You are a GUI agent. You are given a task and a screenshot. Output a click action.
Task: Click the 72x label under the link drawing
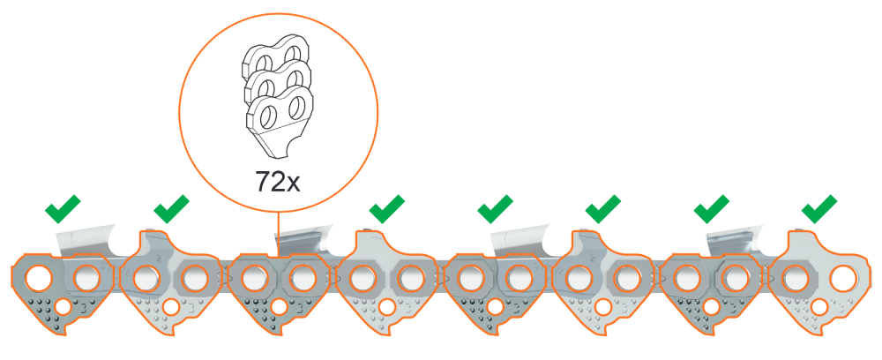(277, 181)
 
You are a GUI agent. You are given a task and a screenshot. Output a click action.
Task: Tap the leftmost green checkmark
(63, 209)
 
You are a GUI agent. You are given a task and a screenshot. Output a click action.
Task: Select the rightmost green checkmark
(819, 209)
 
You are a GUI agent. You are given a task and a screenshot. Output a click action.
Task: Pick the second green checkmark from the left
(171, 209)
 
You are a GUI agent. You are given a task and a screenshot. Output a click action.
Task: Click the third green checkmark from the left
(387, 209)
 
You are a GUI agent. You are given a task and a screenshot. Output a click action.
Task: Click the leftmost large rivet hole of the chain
(36, 278)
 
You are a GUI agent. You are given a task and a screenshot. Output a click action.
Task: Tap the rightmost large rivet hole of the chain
(844, 278)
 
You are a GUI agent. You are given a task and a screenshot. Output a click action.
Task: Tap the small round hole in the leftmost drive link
(64, 307)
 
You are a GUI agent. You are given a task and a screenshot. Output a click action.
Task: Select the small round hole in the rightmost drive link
(819, 307)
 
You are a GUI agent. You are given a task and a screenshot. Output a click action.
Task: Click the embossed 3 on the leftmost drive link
(84, 308)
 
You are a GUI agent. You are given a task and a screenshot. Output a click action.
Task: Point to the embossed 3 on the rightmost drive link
(840, 308)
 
